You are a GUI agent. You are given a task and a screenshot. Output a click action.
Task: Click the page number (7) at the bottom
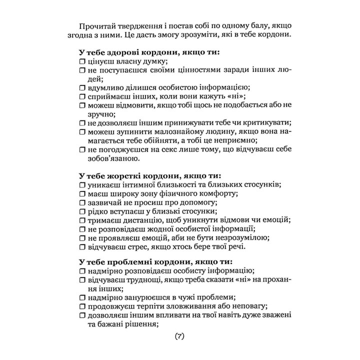click(x=180, y=336)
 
